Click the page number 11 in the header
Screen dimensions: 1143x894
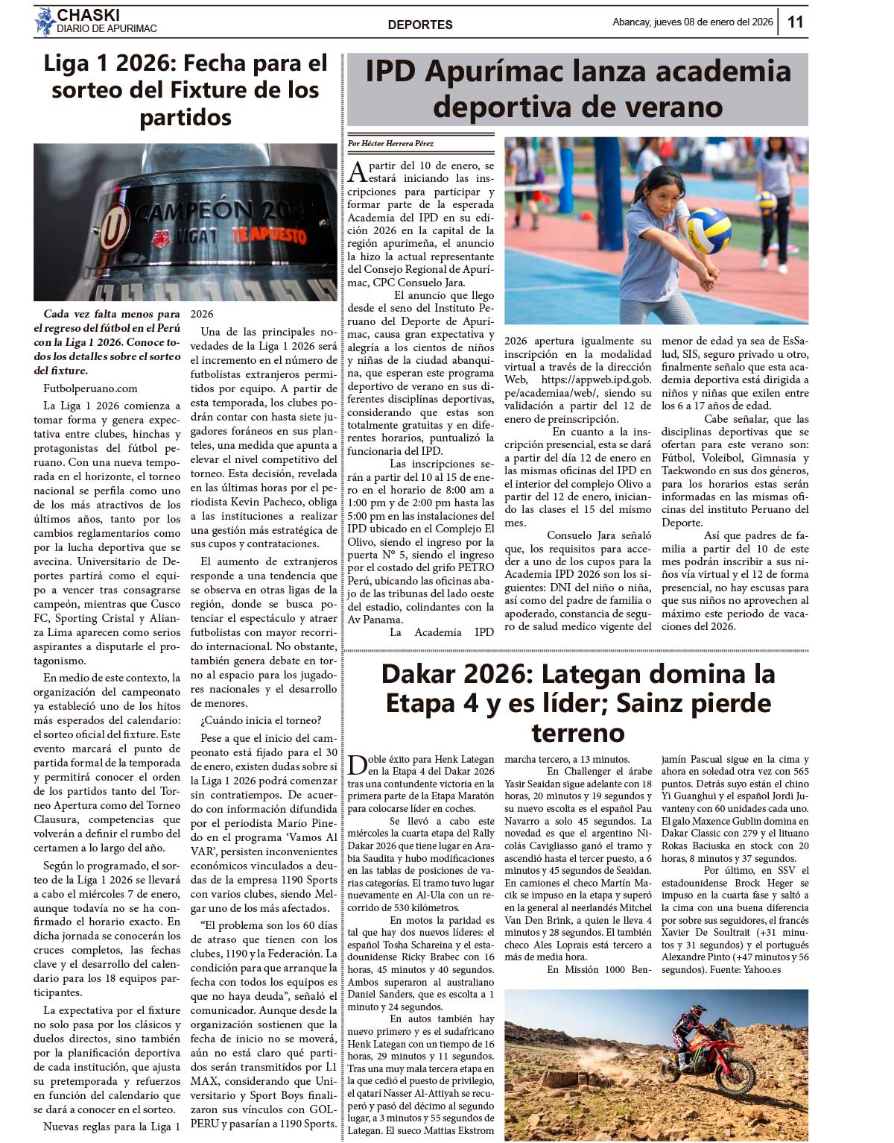tap(796, 22)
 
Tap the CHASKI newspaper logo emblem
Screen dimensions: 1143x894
tap(45, 21)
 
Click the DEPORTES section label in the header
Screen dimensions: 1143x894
tap(420, 25)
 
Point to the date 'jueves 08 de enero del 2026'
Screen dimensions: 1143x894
tap(714, 22)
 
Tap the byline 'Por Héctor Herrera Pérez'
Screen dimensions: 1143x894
tap(391, 143)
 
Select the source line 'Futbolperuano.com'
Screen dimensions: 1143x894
tap(90, 388)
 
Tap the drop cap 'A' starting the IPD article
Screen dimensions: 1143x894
tap(358, 172)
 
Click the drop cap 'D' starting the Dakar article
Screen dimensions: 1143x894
tap(358, 766)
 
